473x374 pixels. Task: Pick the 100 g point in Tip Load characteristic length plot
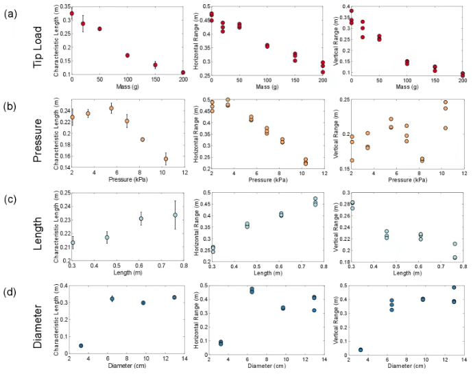[x=128, y=56]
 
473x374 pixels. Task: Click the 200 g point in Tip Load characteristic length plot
[x=183, y=72]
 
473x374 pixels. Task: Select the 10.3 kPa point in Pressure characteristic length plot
[x=166, y=159]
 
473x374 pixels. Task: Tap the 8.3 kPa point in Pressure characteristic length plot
[x=143, y=139]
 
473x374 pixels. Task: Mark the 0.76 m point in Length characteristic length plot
[x=175, y=215]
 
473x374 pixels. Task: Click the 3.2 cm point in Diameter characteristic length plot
[x=81, y=346]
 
